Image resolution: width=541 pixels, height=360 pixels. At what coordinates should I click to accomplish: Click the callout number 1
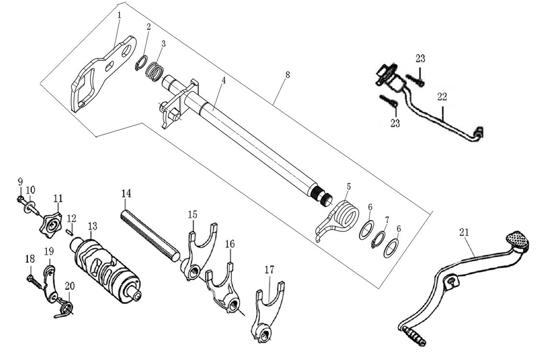click(x=119, y=15)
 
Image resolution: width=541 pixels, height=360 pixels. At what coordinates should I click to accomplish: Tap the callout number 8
click(x=287, y=76)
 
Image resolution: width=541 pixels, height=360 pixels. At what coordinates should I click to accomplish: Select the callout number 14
click(x=126, y=193)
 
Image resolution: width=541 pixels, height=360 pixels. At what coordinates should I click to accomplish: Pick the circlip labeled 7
click(x=379, y=239)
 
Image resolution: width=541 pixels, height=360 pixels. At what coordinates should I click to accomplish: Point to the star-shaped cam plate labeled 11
click(x=51, y=223)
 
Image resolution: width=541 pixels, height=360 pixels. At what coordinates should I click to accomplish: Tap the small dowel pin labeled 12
click(x=69, y=232)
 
